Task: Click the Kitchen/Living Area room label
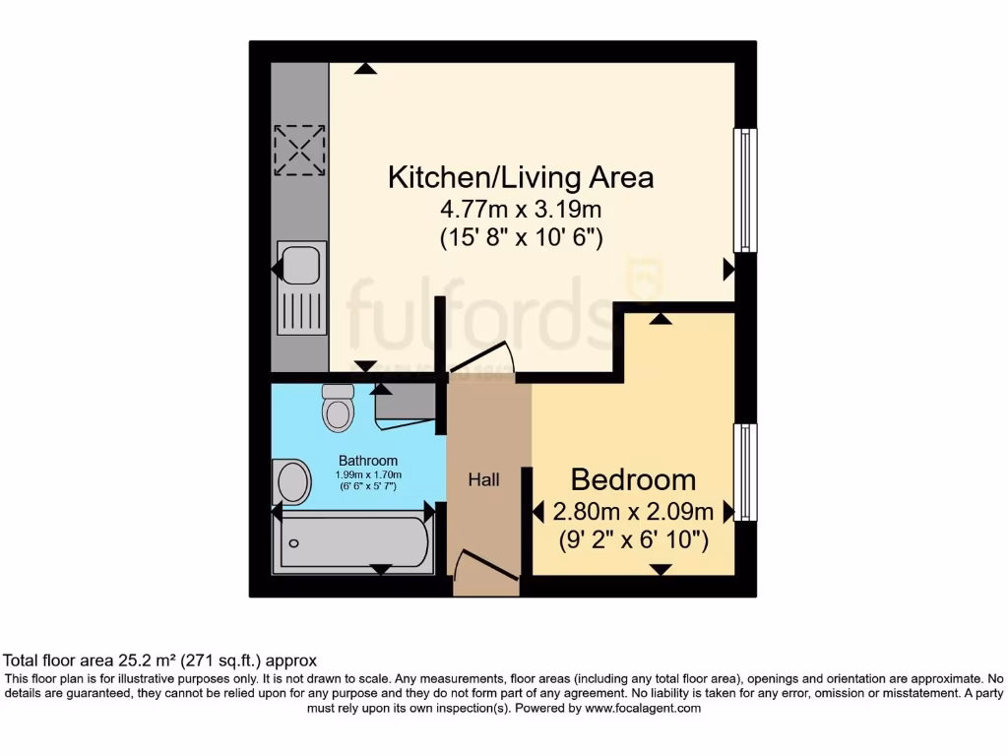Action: point(521,178)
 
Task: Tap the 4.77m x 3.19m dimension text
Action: point(521,209)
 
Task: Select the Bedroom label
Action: point(633,480)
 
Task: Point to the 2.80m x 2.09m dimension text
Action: point(633,512)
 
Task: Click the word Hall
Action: point(483,480)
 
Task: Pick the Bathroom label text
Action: point(368,461)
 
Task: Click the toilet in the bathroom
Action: point(338,408)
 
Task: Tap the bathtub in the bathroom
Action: point(354,540)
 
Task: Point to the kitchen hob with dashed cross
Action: point(298,150)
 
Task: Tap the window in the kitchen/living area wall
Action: point(745,190)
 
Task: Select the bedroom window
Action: point(745,472)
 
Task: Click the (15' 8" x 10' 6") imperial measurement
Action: point(521,238)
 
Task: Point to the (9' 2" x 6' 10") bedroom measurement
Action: point(633,540)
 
